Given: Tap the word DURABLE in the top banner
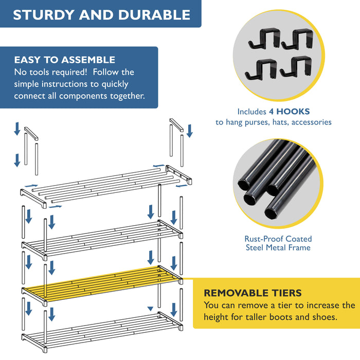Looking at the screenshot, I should pos(155,14).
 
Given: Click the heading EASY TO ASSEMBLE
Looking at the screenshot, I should pos(64,60).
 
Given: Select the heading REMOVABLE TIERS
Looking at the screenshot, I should pos(253,293).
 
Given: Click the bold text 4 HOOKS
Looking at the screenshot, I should pos(289,112).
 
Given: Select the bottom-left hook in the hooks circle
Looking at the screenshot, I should pos(261,68).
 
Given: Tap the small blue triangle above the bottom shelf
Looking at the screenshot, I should pos(150,309).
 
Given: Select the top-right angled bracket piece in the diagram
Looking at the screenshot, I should pos(176,124).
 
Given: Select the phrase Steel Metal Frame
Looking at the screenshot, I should pos(278,248).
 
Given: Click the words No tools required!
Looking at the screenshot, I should pos(50,72).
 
